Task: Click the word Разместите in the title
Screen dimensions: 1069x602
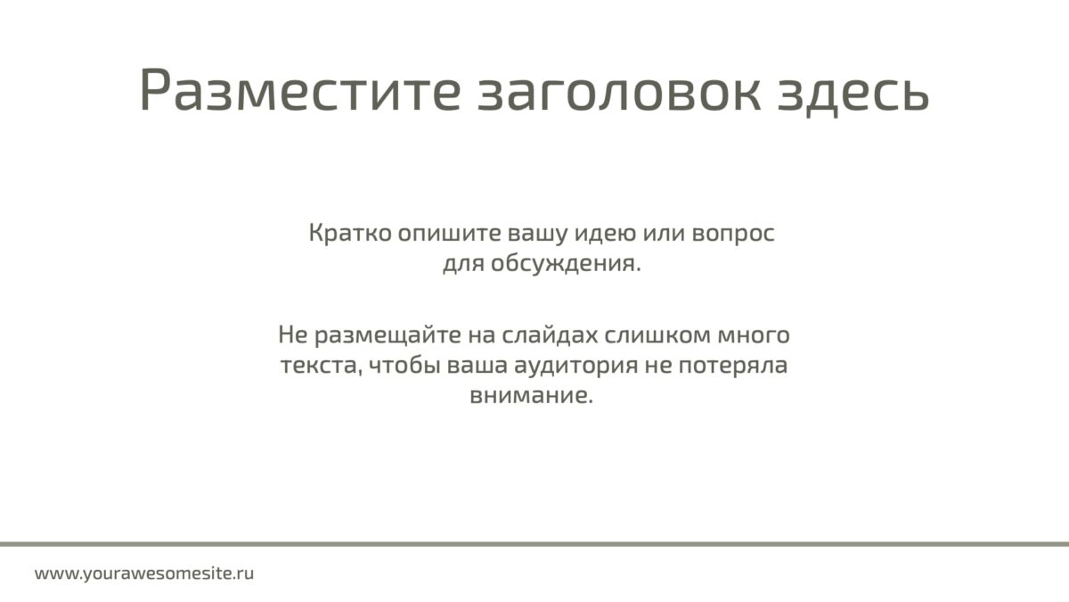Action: click(x=300, y=90)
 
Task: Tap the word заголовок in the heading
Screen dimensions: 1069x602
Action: click(x=619, y=91)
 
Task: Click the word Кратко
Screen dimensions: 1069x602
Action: click(x=350, y=233)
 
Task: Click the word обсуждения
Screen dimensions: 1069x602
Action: click(x=566, y=264)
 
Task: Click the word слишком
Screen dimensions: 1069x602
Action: click(x=658, y=335)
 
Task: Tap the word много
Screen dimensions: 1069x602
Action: click(x=754, y=336)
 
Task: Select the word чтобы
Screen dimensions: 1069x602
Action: click(x=404, y=365)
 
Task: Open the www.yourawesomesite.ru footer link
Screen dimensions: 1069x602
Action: click(x=144, y=573)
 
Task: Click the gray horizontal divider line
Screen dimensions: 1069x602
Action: click(x=534, y=544)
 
